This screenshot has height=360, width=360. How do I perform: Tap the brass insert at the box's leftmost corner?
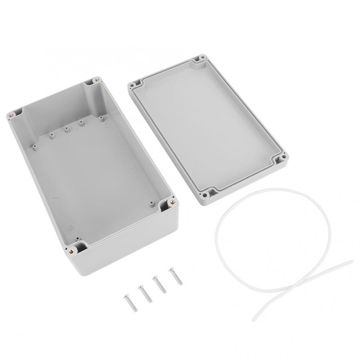coord(11,115)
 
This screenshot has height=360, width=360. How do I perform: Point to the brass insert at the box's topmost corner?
coord(95,80)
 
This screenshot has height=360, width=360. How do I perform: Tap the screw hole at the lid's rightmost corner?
coord(283,157)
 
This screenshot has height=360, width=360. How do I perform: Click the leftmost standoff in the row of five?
coord(35,147)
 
